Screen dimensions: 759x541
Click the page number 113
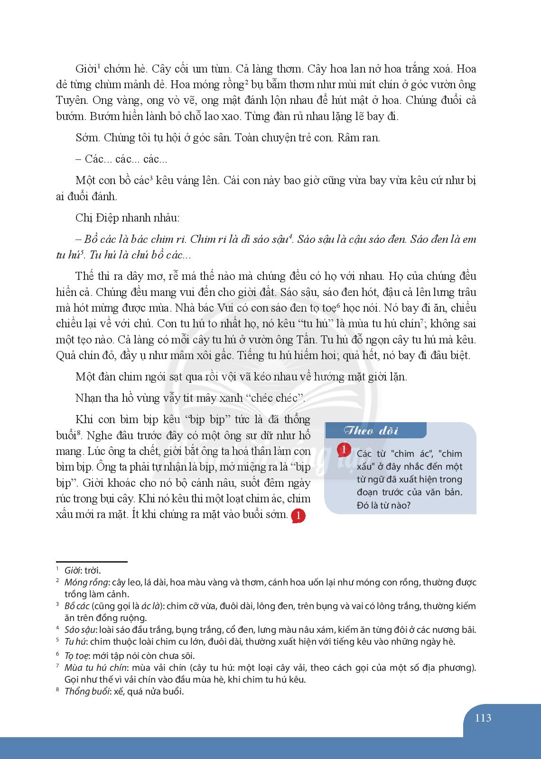[483, 718]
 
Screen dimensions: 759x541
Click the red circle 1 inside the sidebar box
[344, 449]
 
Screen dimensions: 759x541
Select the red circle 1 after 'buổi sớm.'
[298, 516]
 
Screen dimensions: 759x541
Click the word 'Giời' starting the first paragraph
[86, 69]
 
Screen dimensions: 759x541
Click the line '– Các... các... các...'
[121, 159]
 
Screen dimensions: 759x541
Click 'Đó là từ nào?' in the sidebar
[383, 505]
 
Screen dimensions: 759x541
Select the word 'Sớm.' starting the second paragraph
[87, 138]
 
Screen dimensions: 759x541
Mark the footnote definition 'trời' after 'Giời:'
[92, 570]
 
